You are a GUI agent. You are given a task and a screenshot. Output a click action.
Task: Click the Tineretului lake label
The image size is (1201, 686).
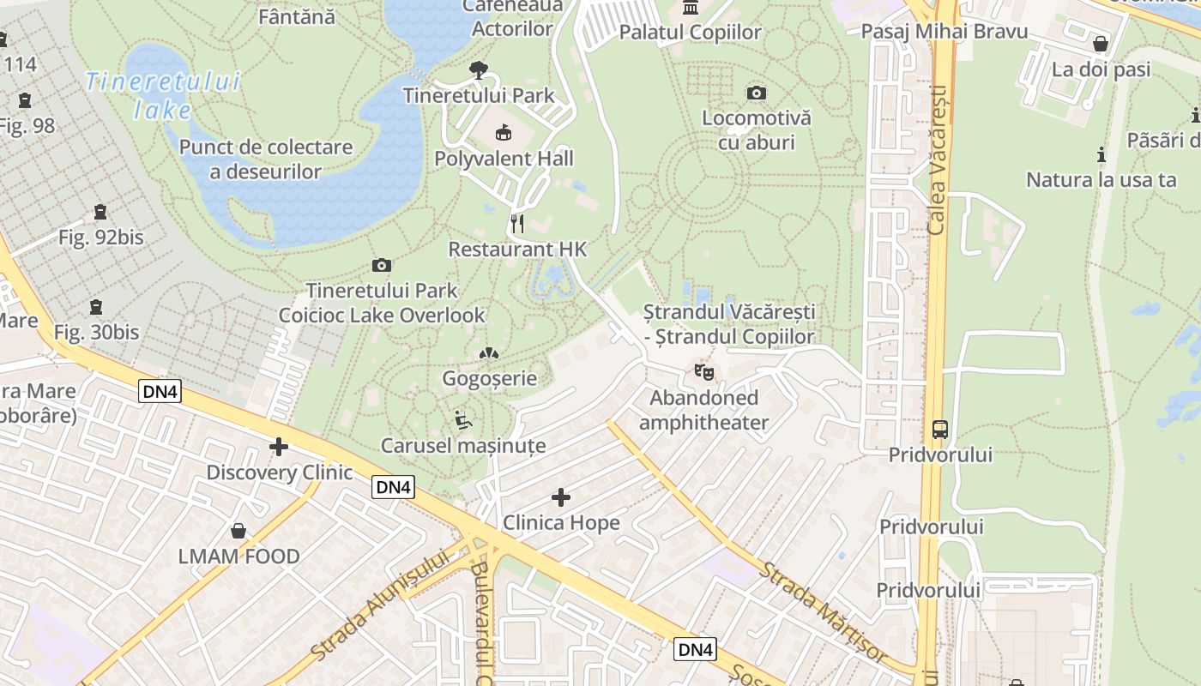point(163,95)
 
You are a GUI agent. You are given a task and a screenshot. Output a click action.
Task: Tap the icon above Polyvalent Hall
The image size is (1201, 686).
point(504,133)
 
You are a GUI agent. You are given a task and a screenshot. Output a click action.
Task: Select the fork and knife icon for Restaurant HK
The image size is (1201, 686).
point(517,224)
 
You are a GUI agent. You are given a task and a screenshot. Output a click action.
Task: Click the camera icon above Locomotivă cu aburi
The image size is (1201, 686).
point(756,93)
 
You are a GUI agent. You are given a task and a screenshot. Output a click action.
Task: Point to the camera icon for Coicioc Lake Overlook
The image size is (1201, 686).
point(382,266)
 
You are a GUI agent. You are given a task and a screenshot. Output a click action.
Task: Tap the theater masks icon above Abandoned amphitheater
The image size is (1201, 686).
point(703,372)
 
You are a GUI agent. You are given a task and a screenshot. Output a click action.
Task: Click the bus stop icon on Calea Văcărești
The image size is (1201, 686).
point(940,429)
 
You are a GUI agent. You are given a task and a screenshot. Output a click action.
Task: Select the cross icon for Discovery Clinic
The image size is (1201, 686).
point(279,447)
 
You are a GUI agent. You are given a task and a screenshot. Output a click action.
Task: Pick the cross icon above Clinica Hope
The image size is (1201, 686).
point(561,496)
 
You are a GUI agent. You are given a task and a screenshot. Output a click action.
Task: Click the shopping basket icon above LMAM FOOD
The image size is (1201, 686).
point(238,531)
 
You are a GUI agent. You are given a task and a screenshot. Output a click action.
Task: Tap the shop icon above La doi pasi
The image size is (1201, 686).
point(1101,44)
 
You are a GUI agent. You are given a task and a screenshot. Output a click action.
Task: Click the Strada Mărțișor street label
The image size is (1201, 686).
point(824,612)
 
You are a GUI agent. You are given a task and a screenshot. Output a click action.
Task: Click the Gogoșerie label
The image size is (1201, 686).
point(489,378)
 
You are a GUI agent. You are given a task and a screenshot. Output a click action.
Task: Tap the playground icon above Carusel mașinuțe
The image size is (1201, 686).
point(463,420)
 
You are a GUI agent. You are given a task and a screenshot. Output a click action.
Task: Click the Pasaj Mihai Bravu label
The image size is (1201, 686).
point(944,32)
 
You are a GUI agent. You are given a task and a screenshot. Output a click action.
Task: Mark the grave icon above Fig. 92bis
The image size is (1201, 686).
point(100,212)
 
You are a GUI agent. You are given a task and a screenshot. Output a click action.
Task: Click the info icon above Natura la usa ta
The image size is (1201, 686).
point(1101,155)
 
